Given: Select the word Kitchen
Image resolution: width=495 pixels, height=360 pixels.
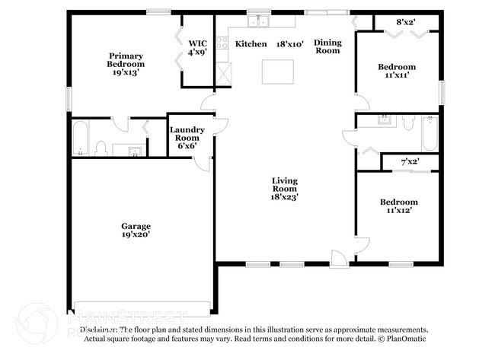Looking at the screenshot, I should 251,44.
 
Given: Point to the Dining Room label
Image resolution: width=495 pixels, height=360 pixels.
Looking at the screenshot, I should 327,46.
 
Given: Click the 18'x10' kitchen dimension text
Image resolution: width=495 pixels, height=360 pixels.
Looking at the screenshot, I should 290,44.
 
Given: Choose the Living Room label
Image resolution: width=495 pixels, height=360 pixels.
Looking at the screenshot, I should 285,188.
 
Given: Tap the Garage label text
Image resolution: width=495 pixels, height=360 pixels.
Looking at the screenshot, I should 136,230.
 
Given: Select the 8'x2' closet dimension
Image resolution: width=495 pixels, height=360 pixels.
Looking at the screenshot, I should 406,23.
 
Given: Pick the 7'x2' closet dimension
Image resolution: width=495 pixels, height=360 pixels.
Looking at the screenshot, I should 410,161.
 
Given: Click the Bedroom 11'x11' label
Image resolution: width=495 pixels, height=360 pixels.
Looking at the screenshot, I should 398,71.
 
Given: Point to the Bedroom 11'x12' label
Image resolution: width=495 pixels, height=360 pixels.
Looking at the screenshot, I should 399,205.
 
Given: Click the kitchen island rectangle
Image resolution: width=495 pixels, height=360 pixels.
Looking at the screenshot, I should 278,71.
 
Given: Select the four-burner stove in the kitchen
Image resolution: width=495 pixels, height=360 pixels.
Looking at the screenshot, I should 222,43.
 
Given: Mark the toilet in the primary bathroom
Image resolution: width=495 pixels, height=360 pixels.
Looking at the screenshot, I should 101,148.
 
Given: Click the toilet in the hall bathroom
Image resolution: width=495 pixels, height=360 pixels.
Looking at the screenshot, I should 406,123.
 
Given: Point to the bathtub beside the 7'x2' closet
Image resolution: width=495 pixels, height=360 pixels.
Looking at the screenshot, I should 429,132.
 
